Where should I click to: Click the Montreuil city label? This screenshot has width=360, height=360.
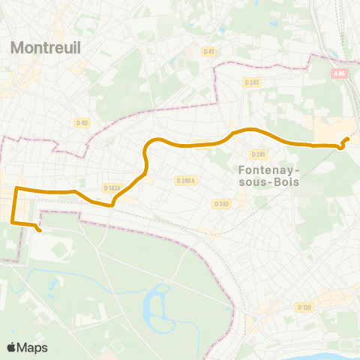(x=46, y=47)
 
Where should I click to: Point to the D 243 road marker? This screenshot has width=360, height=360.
(x=250, y=82)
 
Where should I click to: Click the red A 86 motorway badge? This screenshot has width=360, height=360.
(x=340, y=73)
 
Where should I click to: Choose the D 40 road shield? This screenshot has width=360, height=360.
(x=82, y=122)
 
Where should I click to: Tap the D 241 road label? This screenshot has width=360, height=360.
(x=259, y=154)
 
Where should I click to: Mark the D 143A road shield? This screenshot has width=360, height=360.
(x=111, y=188)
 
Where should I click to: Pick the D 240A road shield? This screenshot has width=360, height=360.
(x=184, y=181)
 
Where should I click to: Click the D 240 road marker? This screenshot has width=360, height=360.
(x=220, y=203)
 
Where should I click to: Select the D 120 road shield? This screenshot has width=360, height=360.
(x=304, y=307)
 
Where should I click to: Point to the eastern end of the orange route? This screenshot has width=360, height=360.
(x=347, y=139)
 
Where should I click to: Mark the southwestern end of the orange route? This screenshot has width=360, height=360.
(x=39, y=231)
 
